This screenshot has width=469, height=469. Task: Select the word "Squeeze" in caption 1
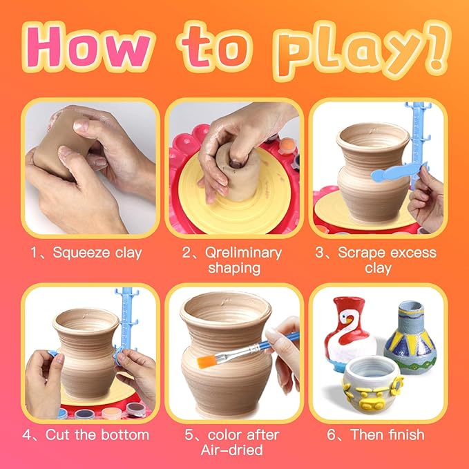coord(81,253)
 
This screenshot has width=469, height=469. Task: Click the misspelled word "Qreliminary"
coord(243,253)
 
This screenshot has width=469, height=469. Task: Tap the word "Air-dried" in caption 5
coord(231,450)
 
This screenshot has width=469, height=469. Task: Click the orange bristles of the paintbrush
coord(206,360)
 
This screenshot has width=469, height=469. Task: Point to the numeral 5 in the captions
coord(189,434)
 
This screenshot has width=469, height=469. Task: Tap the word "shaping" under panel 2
coord(234,268)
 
